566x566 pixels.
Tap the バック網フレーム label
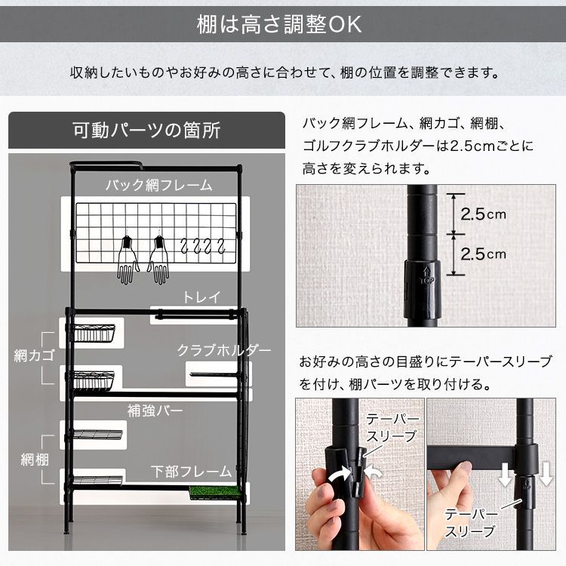tap(158, 184)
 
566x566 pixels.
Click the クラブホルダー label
tap(224, 350)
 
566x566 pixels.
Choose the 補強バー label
tap(155, 411)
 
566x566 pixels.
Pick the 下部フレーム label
tap(191, 472)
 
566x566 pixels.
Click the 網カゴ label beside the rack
tap(31, 355)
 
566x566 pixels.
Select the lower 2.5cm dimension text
tap(483, 254)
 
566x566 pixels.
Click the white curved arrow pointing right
tap(340, 475)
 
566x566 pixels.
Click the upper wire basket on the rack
tap(94, 333)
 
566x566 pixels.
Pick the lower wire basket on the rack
tap(94, 378)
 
